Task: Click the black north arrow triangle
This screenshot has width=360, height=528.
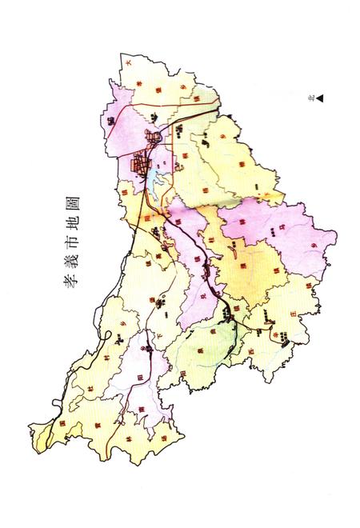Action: [x=318, y=98]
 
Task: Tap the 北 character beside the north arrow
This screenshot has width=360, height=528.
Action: [x=310, y=98]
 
